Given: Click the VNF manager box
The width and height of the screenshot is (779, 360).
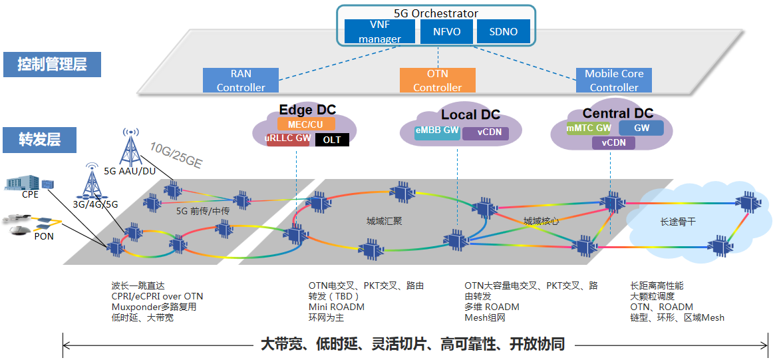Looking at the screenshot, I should click(x=380, y=32).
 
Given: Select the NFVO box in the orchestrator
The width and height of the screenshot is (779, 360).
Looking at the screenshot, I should click(x=446, y=32).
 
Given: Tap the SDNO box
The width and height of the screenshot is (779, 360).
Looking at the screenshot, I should click(x=503, y=32).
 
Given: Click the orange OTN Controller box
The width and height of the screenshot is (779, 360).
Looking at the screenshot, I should click(x=438, y=80).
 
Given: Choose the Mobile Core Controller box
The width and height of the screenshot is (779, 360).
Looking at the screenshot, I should click(x=614, y=80).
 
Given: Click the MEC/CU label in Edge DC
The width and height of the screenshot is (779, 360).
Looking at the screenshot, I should click(x=306, y=124).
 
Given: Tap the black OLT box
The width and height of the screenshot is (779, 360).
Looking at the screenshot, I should click(x=332, y=140).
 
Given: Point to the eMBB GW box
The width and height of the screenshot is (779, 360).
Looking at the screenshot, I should click(x=437, y=131).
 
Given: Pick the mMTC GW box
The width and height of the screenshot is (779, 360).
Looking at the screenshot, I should click(x=589, y=128).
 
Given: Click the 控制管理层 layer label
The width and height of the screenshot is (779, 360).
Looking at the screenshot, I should click(x=53, y=65).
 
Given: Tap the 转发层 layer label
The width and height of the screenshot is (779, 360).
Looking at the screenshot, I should click(x=40, y=140).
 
